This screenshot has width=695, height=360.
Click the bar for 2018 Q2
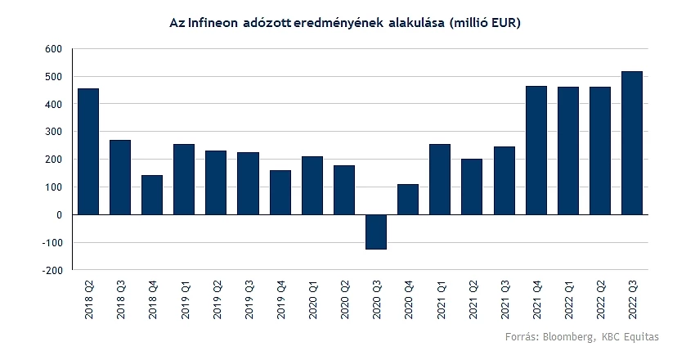point(88,151)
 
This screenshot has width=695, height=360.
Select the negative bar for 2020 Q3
point(376,232)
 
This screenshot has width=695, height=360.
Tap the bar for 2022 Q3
point(632,143)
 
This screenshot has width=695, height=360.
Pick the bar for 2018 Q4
point(152,195)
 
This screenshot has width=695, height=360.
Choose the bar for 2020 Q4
point(408,200)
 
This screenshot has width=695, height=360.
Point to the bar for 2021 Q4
point(536,151)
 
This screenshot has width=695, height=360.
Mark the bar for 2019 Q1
point(184,179)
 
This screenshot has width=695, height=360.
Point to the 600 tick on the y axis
point(53,49)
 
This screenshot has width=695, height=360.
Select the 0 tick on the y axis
point(58,214)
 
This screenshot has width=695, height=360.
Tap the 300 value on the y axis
point(53,132)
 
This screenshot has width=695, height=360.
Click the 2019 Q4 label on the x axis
point(280,299)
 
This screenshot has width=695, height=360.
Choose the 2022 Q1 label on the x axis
point(569,299)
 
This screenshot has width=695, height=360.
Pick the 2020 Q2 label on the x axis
point(344,299)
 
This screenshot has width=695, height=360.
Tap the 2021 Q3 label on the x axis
point(504,299)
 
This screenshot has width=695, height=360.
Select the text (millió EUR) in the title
point(484,25)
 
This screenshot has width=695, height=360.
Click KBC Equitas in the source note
point(630,337)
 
